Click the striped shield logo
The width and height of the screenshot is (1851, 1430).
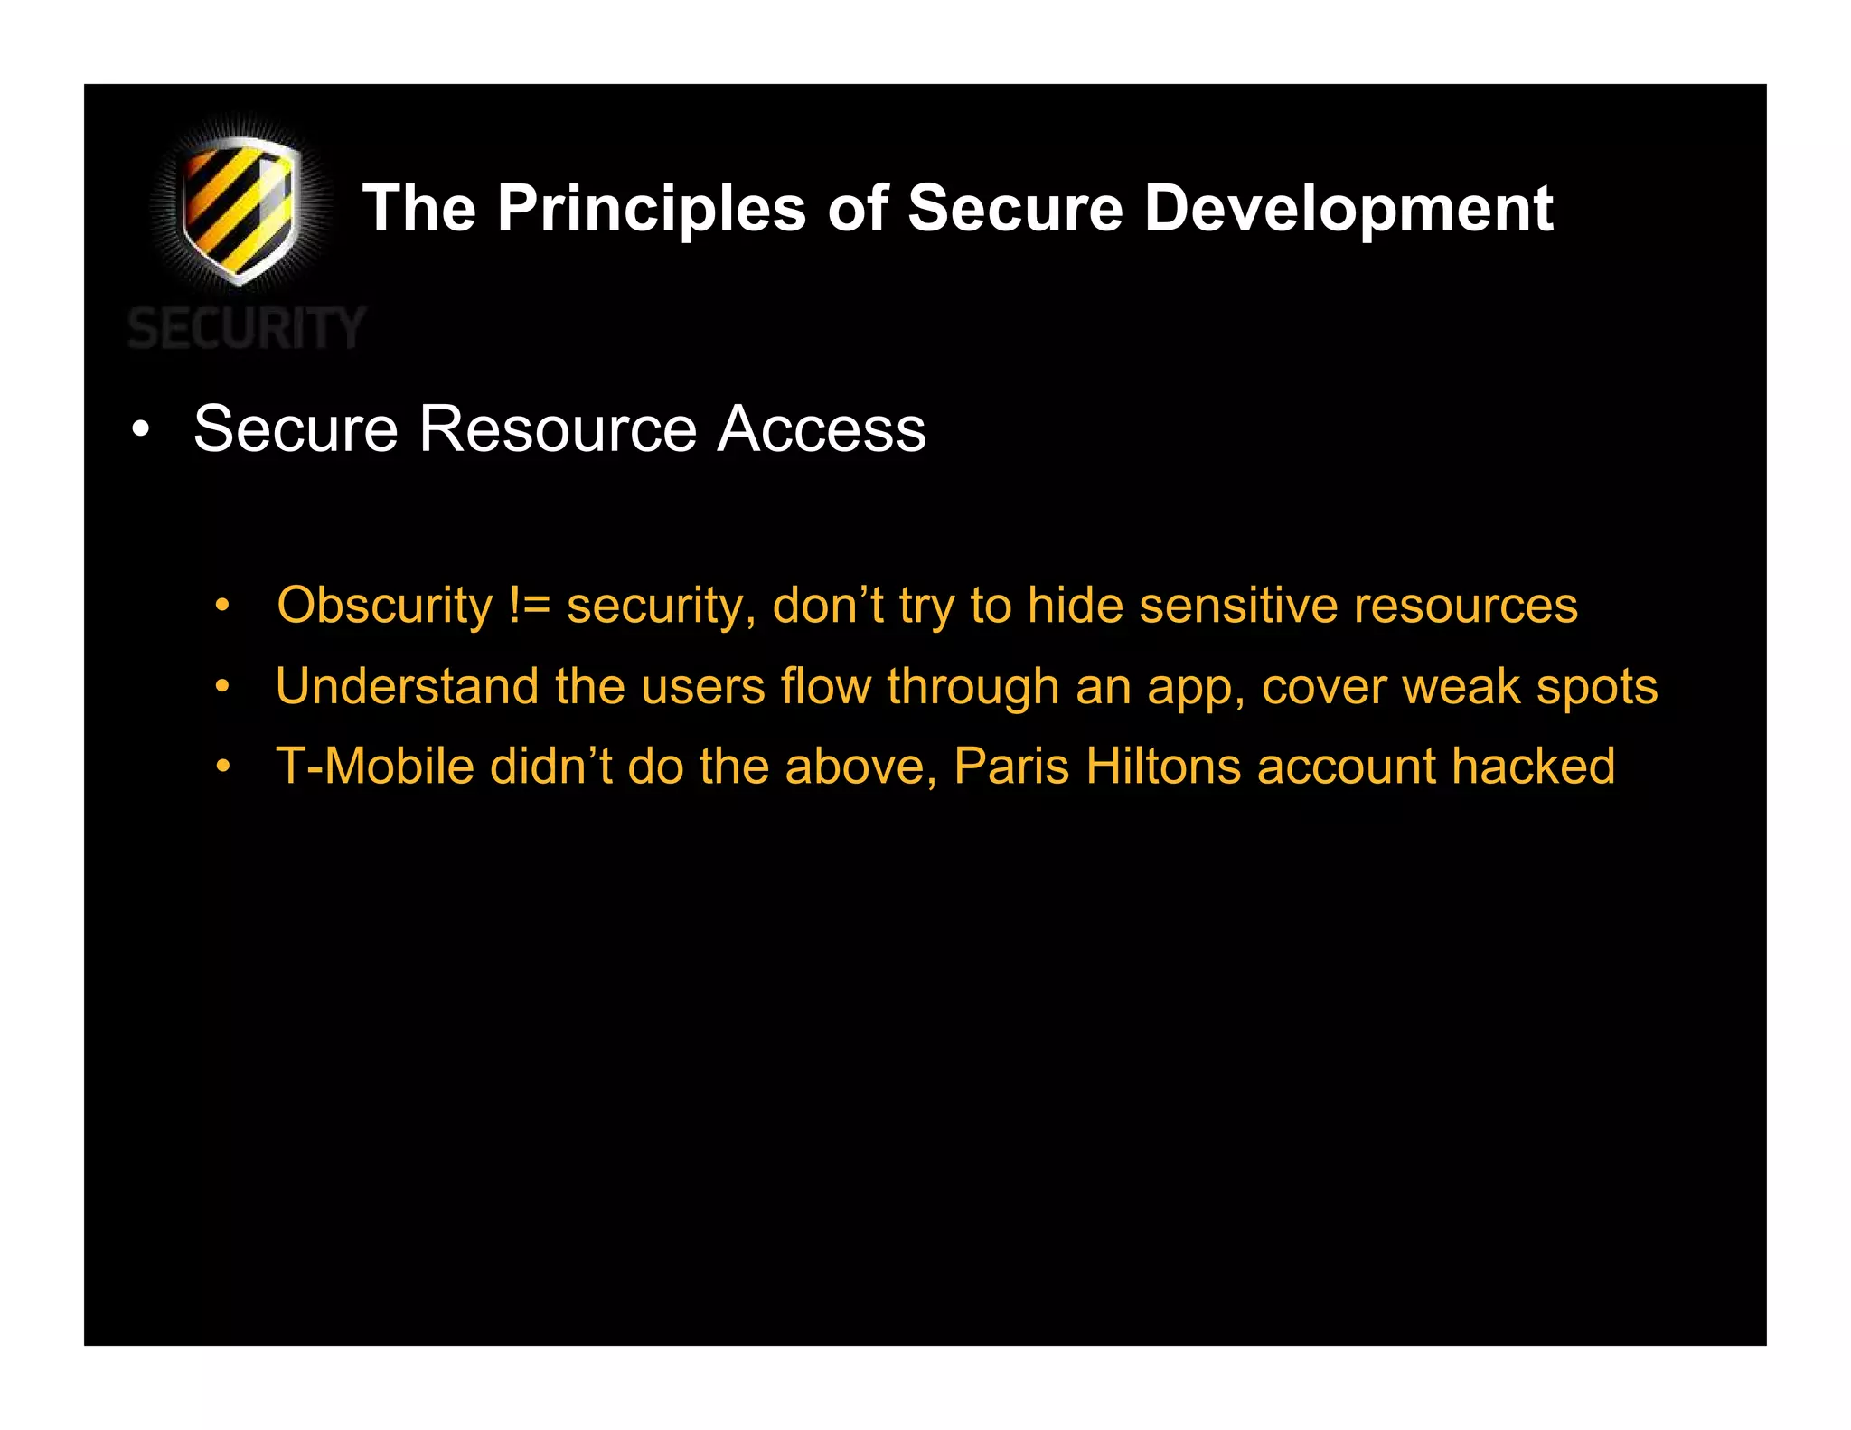point(239,210)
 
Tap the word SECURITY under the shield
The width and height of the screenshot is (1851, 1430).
point(246,328)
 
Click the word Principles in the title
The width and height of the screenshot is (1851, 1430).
point(651,209)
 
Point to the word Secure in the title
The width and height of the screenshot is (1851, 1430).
point(1015,209)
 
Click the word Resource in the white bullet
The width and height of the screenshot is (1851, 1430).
point(558,428)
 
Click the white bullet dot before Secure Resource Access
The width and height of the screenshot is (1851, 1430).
point(140,430)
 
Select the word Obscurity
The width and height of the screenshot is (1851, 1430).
point(384,605)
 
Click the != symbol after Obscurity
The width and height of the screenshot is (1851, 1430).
point(529,605)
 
